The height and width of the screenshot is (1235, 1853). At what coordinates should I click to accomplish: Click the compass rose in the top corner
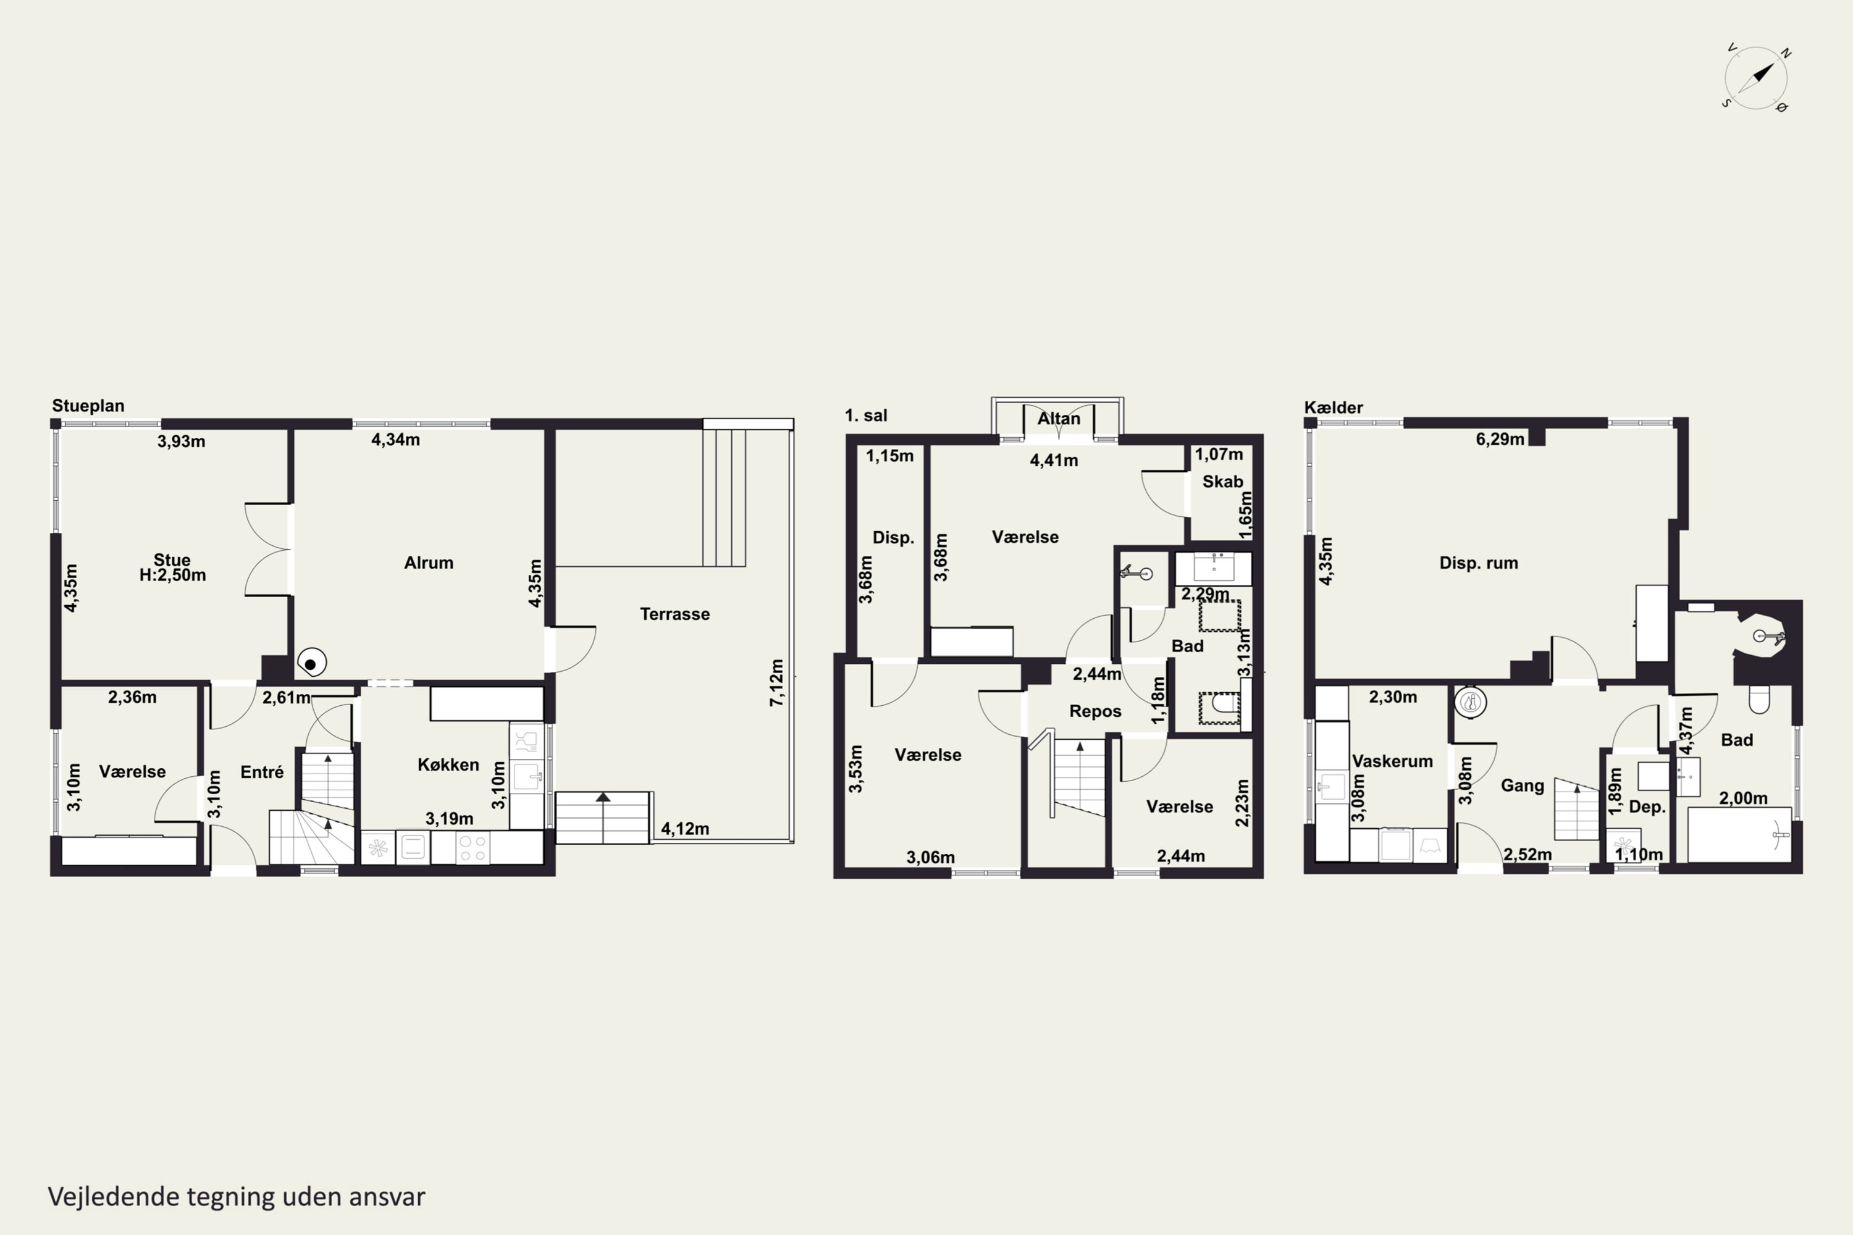pyautogui.click(x=1756, y=78)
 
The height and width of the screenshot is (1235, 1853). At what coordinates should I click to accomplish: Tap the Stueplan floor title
pyautogui.click(x=88, y=406)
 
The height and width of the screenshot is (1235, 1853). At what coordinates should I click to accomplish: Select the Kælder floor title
pyautogui.click(x=1333, y=407)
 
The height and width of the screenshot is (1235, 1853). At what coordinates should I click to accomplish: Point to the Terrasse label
pyautogui.click(x=674, y=614)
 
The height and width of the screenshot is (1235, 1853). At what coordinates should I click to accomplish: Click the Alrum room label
pyautogui.click(x=429, y=563)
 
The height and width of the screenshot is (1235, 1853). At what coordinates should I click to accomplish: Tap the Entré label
pyautogui.click(x=261, y=772)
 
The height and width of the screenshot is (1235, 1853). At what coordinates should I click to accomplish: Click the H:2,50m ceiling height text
pyautogui.click(x=172, y=575)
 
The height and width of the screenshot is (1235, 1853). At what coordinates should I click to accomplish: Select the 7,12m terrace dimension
pyautogui.click(x=777, y=682)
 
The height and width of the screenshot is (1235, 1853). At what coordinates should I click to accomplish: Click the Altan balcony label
pyautogui.click(x=1059, y=418)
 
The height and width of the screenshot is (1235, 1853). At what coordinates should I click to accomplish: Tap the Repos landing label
pyautogui.click(x=1095, y=711)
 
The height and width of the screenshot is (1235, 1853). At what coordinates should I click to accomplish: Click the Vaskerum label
pyautogui.click(x=1392, y=761)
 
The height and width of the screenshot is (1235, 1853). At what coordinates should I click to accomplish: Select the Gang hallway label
pyautogui.click(x=1522, y=785)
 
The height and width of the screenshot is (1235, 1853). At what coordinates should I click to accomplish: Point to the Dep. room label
pyautogui.click(x=1647, y=806)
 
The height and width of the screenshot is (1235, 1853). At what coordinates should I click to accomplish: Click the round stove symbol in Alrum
pyautogui.click(x=311, y=663)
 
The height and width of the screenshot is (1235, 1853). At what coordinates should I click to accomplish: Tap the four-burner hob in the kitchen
pyautogui.click(x=473, y=847)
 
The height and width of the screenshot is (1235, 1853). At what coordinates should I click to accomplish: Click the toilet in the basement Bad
pyautogui.click(x=1759, y=698)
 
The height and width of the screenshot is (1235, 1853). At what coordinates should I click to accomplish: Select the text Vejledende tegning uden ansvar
pyautogui.click(x=237, y=1197)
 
